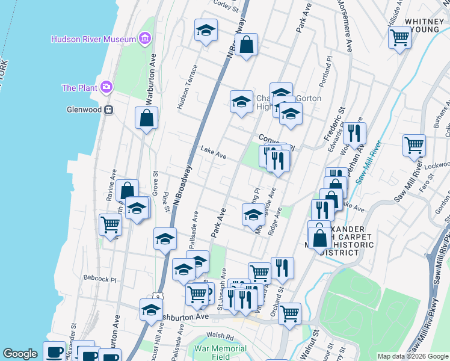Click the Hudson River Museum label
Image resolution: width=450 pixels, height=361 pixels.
(x=93, y=39)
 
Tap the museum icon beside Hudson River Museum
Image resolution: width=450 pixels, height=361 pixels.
(x=144, y=39)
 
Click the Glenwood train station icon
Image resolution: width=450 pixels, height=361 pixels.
(x=109, y=110)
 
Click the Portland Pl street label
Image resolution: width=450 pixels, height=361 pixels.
(x=328, y=72)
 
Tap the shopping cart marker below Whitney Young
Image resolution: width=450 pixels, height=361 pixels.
(x=399, y=38)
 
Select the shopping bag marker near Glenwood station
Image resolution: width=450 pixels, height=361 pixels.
(x=146, y=118)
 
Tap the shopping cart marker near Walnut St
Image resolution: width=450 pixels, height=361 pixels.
(x=289, y=313)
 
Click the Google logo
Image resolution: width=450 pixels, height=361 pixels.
(x=20, y=354)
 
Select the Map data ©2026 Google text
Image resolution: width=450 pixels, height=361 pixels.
(x=413, y=356)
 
